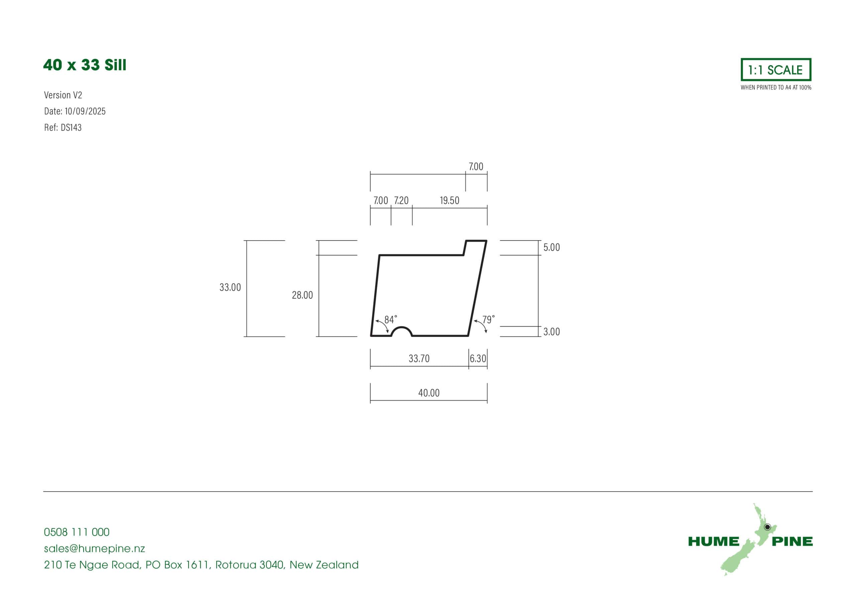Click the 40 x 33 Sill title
coord(85,65)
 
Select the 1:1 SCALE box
coord(775,69)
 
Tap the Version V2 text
coord(63,95)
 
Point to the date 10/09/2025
coord(85,111)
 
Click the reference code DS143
coord(71,127)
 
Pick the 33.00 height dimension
coord(230,287)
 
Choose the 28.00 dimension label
coord(302,295)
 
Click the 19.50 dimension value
coord(449,201)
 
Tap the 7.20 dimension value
coord(401,201)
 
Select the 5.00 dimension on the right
coord(551,248)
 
